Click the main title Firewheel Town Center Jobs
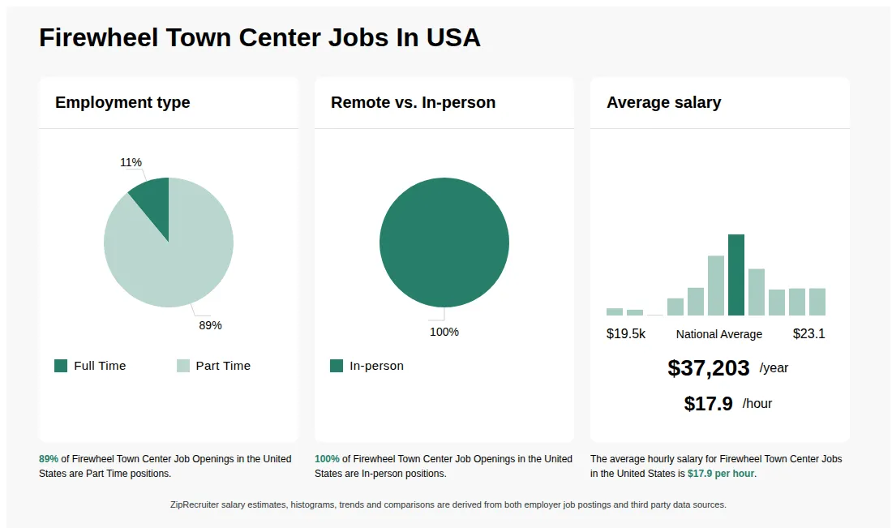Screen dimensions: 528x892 (259, 37)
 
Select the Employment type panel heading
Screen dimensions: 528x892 (122, 102)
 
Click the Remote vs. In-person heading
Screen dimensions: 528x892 (413, 102)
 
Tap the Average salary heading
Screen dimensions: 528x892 (663, 102)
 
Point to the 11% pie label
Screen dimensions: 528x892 (131, 162)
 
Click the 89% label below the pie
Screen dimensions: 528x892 (210, 325)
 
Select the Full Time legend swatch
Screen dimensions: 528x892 (61, 366)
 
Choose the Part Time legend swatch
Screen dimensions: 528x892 (183, 366)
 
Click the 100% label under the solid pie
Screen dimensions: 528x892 (444, 332)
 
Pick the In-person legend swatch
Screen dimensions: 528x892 (337, 366)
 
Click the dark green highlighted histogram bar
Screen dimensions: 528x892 (736, 275)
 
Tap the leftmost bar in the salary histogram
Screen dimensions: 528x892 (615, 311)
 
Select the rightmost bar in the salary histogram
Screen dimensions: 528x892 (817, 302)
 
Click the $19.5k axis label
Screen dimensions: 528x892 (626, 334)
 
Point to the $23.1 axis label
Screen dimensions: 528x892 (808, 334)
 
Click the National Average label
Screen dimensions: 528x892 (718, 334)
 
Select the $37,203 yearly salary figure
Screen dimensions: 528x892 (708, 368)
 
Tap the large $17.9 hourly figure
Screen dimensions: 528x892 (708, 404)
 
